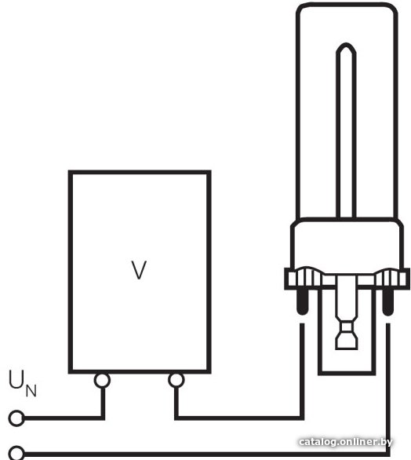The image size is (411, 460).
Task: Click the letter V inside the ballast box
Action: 139,270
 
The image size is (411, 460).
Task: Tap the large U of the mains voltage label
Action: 17,380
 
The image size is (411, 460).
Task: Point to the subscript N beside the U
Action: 31,391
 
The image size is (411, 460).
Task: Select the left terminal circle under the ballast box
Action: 102,380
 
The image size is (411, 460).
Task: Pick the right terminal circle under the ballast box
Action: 176,380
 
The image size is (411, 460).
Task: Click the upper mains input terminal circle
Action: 16,418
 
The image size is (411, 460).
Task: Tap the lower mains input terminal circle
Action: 16,454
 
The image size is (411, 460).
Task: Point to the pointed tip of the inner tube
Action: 346,43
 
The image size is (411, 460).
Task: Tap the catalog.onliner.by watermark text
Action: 345,442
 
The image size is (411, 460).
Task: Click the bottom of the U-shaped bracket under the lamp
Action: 347,373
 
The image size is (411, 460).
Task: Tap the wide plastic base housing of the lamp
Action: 347,243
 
